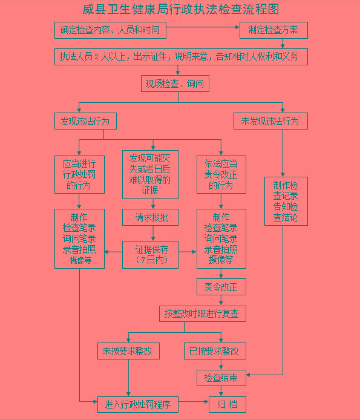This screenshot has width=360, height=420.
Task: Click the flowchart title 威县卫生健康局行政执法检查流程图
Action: tap(181, 9)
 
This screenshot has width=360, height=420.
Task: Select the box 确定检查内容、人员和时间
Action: tap(110, 30)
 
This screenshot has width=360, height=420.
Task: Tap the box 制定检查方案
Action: tap(273, 30)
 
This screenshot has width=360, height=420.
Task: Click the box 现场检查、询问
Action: tap(175, 84)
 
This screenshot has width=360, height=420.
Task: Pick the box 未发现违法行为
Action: tap(270, 121)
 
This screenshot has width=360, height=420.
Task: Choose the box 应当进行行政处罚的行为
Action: tap(79, 175)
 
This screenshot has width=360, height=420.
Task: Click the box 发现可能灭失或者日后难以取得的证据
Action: tap(150, 175)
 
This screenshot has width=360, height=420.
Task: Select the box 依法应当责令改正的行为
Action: tap(221, 175)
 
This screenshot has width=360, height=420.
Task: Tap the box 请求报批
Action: tap(150, 217)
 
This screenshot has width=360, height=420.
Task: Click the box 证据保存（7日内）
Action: tap(150, 255)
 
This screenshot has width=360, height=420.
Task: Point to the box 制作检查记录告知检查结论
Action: tap(286, 201)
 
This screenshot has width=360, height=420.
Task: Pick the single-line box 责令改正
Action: tap(221, 287)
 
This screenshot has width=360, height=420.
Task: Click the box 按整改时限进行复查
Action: tap(203, 313)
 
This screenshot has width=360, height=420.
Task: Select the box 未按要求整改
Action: tap(128, 351)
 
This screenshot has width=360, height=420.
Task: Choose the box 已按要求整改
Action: tap(215, 351)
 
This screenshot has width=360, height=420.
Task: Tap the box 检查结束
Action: tap(221, 378)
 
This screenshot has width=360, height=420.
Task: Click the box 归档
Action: tap(227, 404)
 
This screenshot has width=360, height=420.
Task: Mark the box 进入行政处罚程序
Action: tap(138, 404)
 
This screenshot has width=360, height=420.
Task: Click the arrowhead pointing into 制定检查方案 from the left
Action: tap(237, 27)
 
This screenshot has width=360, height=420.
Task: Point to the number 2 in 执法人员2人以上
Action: tap(96, 57)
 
